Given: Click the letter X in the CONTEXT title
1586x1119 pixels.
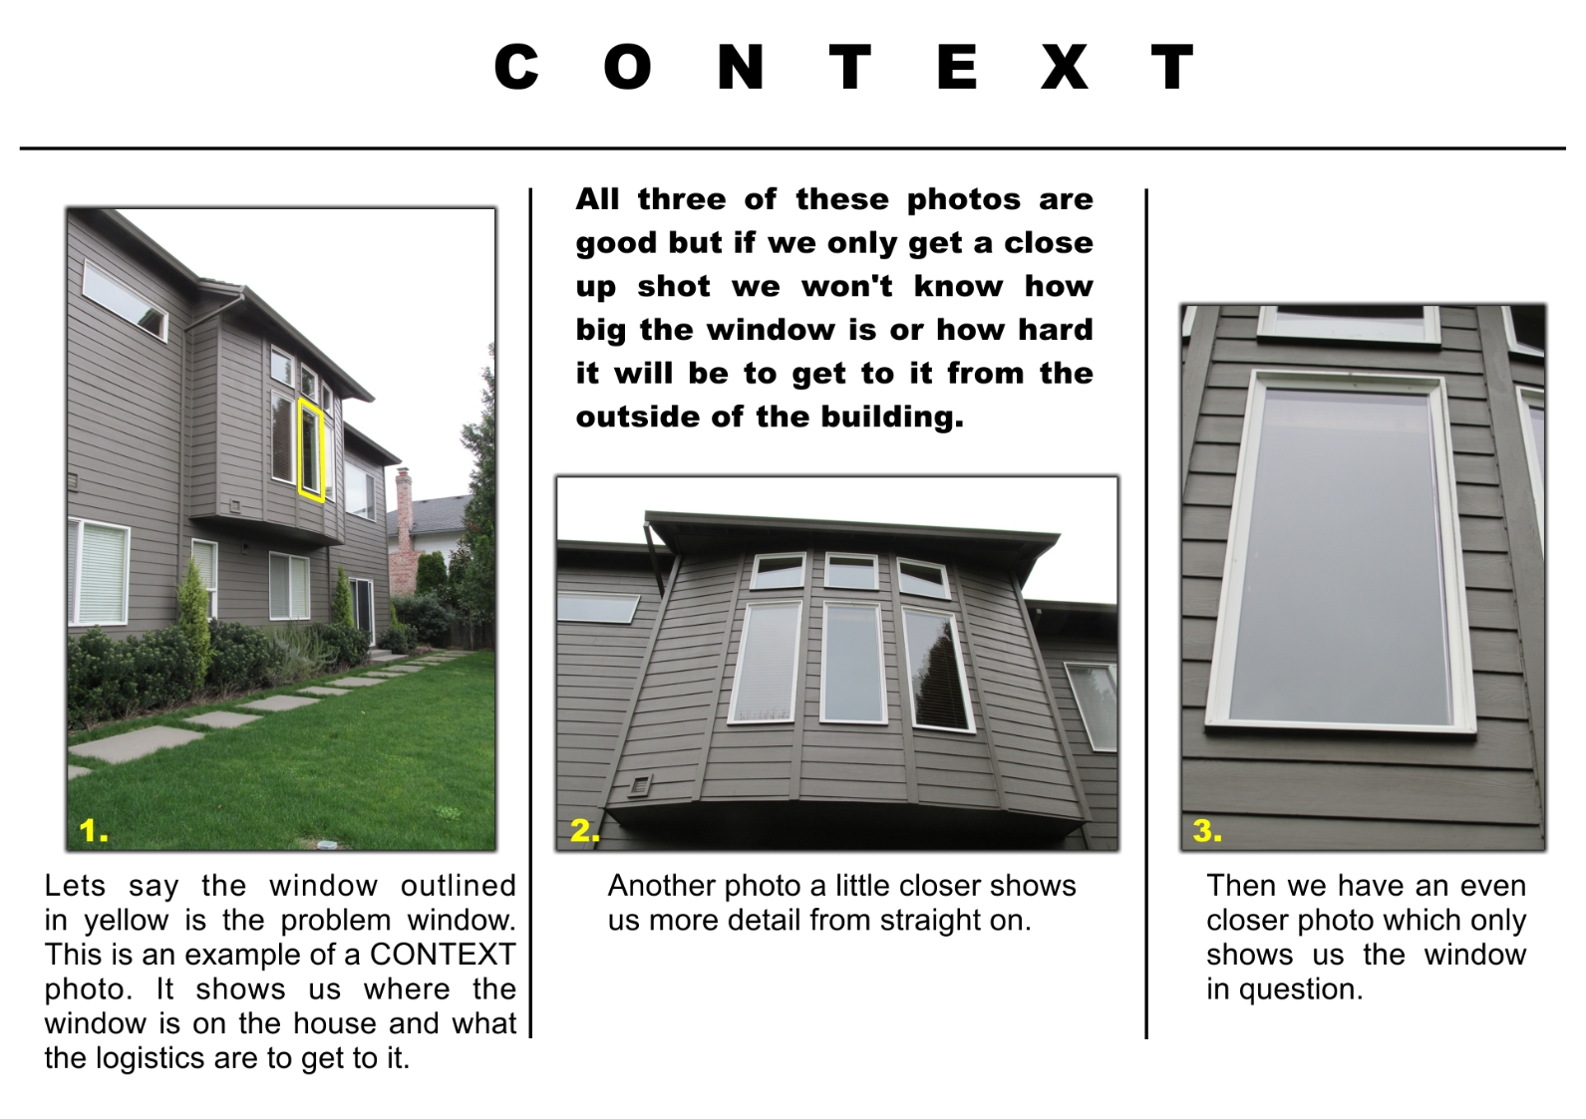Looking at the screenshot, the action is point(1064,67).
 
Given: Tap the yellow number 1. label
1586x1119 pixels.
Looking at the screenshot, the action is point(94,830).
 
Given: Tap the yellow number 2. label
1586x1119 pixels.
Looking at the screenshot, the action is point(585,830).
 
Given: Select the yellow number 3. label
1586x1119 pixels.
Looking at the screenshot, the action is point(1207,830).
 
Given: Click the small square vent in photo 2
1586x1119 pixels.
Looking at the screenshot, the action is point(640,785).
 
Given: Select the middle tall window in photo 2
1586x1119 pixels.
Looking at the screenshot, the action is point(853,664).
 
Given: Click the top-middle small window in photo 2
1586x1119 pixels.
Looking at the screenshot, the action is point(851,571).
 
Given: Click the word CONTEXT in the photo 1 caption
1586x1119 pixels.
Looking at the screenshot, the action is point(443,954).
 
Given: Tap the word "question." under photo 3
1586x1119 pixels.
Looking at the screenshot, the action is point(1301,989).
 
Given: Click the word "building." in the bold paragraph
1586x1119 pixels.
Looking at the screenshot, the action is point(892,417).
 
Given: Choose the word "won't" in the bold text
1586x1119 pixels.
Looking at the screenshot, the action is point(846,286).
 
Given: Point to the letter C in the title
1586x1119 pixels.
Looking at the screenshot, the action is point(516,67).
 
